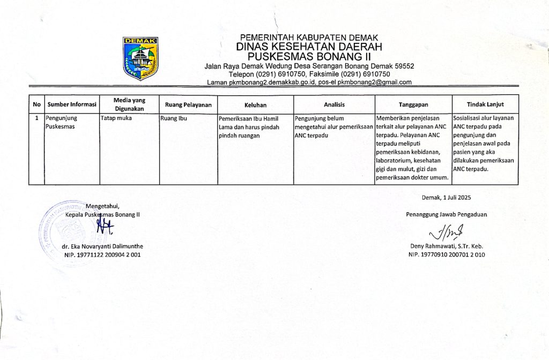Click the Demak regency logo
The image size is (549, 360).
point(140,58)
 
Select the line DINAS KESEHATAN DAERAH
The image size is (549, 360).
point(309,47)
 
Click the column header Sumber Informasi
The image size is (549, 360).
point(71,105)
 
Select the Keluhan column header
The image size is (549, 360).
point(255,105)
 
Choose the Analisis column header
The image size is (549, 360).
point(334,105)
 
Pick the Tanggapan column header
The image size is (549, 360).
point(413,105)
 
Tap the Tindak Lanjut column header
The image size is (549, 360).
point(485,105)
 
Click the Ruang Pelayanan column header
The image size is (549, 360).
point(188,105)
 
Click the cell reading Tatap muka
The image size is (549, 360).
point(116,118)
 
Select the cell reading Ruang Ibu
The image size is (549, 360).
point(173,118)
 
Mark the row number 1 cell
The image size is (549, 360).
point(36,118)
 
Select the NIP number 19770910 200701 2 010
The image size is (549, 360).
point(446,254)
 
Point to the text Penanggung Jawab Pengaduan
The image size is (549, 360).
point(446,215)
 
